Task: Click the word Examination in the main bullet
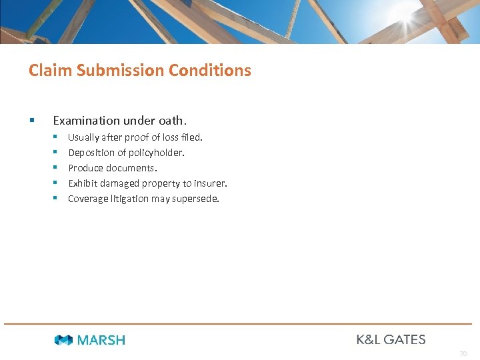pos(85,121)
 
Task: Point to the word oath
pos(173,121)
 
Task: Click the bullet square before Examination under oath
pos(31,121)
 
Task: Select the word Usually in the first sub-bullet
pos(83,137)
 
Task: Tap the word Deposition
pos(91,153)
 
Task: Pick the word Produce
pos(86,168)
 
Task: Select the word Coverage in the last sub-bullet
pos(88,199)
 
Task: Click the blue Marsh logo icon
pos(63,340)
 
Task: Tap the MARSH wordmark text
pos(101,340)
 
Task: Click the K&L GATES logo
pos(391,339)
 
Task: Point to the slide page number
pos(463,353)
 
